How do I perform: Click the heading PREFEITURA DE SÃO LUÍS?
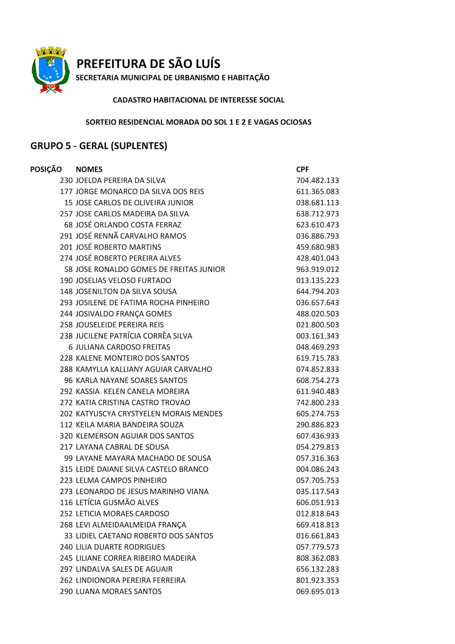[148, 64]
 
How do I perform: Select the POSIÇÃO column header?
[46, 169]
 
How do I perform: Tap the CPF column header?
[303, 169]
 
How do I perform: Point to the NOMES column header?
[89, 169]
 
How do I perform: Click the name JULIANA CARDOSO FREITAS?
[123, 347]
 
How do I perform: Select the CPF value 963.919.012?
[317, 269]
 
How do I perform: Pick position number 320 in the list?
[66, 436]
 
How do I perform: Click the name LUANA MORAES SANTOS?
[119, 591]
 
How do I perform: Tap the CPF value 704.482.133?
[317, 180]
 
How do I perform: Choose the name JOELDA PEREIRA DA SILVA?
[121, 180]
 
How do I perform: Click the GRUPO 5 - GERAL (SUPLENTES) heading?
[99, 146]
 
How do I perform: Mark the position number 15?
[68, 202]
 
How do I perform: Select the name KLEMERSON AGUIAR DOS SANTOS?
[135, 436]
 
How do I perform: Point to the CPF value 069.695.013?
[317, 591]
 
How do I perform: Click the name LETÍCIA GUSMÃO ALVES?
[117, 502]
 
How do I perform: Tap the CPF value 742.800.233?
[317, 402]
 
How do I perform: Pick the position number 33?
[68, 536]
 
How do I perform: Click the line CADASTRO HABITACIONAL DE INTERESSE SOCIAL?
[198, 100]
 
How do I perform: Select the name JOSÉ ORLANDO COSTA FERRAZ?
[128, 225]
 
